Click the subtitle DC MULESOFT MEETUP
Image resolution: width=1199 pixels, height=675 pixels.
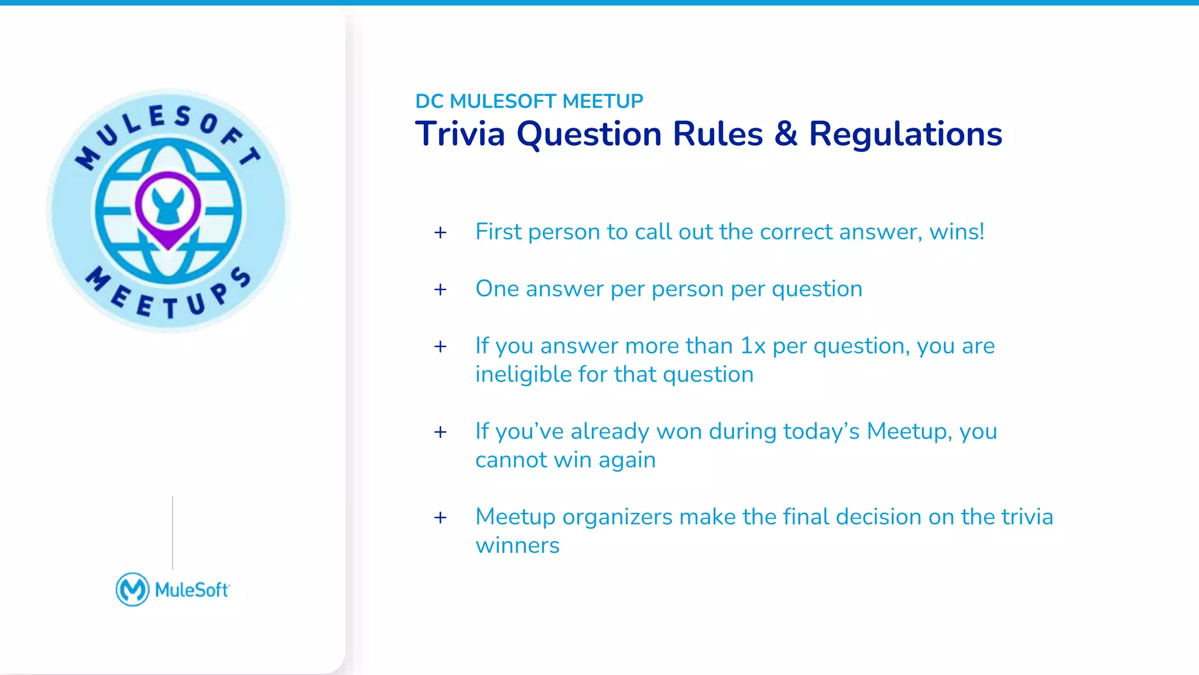click(x=529, y=101)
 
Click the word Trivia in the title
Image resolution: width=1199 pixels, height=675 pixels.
click(x=460, y=134)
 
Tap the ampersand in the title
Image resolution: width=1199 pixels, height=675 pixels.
click(x=786, y=134)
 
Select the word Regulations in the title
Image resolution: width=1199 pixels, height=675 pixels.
click(x=905, y=134)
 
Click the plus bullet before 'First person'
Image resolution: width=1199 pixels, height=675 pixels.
click(x=440, y=233)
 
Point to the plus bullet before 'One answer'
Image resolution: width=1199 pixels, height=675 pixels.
click(x=440, y=290)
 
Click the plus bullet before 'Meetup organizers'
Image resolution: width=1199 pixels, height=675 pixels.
click(x=440, y=518)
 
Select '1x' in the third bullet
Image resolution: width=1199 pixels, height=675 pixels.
click(x=753, y=346)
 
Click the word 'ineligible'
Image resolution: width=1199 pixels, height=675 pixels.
click(x=523, y=375)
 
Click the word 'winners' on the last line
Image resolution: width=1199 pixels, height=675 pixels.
click(x=518, y=546)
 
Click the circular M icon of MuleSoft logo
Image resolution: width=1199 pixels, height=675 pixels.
click(x=132, y=590)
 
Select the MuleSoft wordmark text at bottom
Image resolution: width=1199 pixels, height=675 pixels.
click(x=192, y=590)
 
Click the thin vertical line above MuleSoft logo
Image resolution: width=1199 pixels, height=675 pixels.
click(x=173, y=533)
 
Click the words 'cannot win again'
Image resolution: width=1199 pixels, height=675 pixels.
click(x=565, y=460)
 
